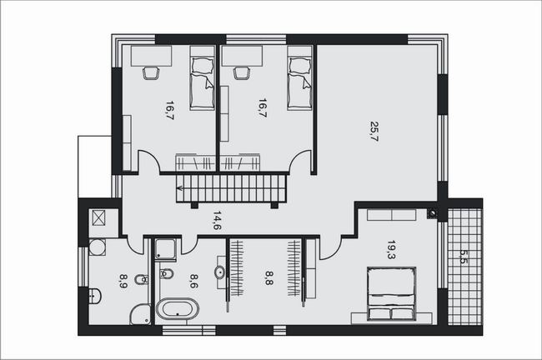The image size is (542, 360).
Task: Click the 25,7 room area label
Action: click(x=374, y=131)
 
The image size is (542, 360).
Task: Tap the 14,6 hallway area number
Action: click(x=218, y=221)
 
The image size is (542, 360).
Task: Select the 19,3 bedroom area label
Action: click(x=391, y=250)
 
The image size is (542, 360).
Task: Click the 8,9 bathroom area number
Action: click(x=123, y=281)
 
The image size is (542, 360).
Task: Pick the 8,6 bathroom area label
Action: click(x=194, y=281)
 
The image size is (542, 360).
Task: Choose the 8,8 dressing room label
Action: click(x=269, y=277)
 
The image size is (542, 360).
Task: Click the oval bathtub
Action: click(x=178, y=308)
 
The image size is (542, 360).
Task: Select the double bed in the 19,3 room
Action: click(x=391, y=293)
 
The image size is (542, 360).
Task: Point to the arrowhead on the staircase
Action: click(x=180, y=188)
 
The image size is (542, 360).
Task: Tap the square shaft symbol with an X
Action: click(x=98, y=218)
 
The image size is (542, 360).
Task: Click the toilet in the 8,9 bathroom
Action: click(x=142, y=279)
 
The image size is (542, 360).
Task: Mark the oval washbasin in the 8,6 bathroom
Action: click(x=220, y=272)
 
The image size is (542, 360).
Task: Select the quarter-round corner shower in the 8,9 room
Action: click(x=141, y=315)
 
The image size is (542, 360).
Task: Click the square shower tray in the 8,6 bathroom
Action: click(x=165, y=249)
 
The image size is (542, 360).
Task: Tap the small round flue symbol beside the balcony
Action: click(x=432, y=213)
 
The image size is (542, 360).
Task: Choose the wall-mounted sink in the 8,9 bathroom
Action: click(x=94, y=296)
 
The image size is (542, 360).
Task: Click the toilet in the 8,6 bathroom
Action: click(x=166, y=274)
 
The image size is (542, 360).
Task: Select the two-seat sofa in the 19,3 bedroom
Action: click(x=391, y=215)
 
